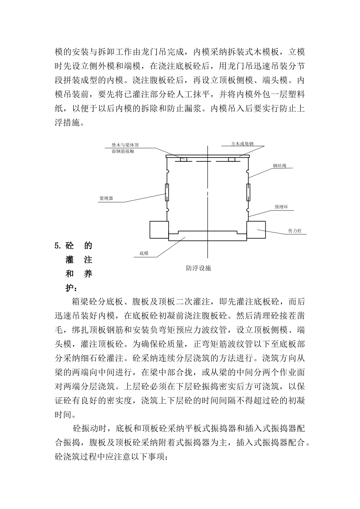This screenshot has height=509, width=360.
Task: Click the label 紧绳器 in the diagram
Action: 106,198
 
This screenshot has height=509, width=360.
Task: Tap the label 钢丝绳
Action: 280,166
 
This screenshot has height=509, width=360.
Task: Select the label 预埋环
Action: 282,207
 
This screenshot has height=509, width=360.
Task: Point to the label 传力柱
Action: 295,231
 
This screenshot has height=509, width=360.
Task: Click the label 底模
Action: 144,253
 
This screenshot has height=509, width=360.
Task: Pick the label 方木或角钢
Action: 243,144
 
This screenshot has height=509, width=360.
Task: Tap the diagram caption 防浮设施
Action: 198,268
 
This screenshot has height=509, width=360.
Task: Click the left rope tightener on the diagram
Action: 167,192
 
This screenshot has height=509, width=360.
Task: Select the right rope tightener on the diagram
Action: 248,192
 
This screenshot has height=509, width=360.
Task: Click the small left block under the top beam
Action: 183,159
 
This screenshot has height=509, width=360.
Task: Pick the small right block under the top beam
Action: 232,159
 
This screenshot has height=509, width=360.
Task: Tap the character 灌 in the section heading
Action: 70,260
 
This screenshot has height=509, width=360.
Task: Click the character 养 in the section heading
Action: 88,274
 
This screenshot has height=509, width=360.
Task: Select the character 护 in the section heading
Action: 70,288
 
